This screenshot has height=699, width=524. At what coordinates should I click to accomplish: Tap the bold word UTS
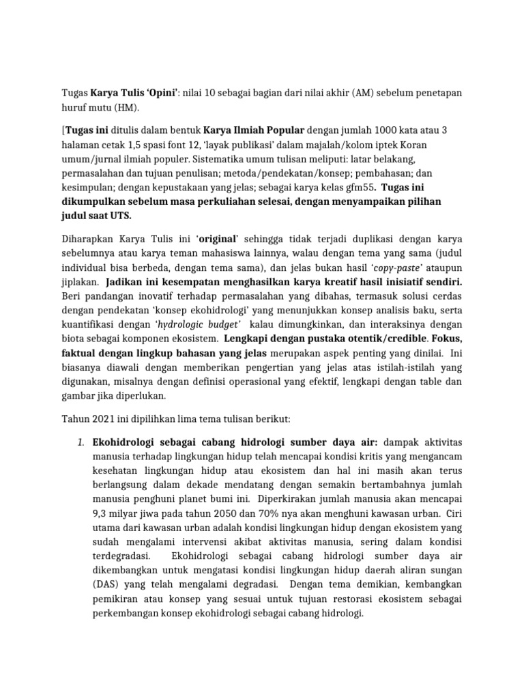click(x=118, y=216)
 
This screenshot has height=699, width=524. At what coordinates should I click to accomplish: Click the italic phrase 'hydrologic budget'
click(x=204, y=324)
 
